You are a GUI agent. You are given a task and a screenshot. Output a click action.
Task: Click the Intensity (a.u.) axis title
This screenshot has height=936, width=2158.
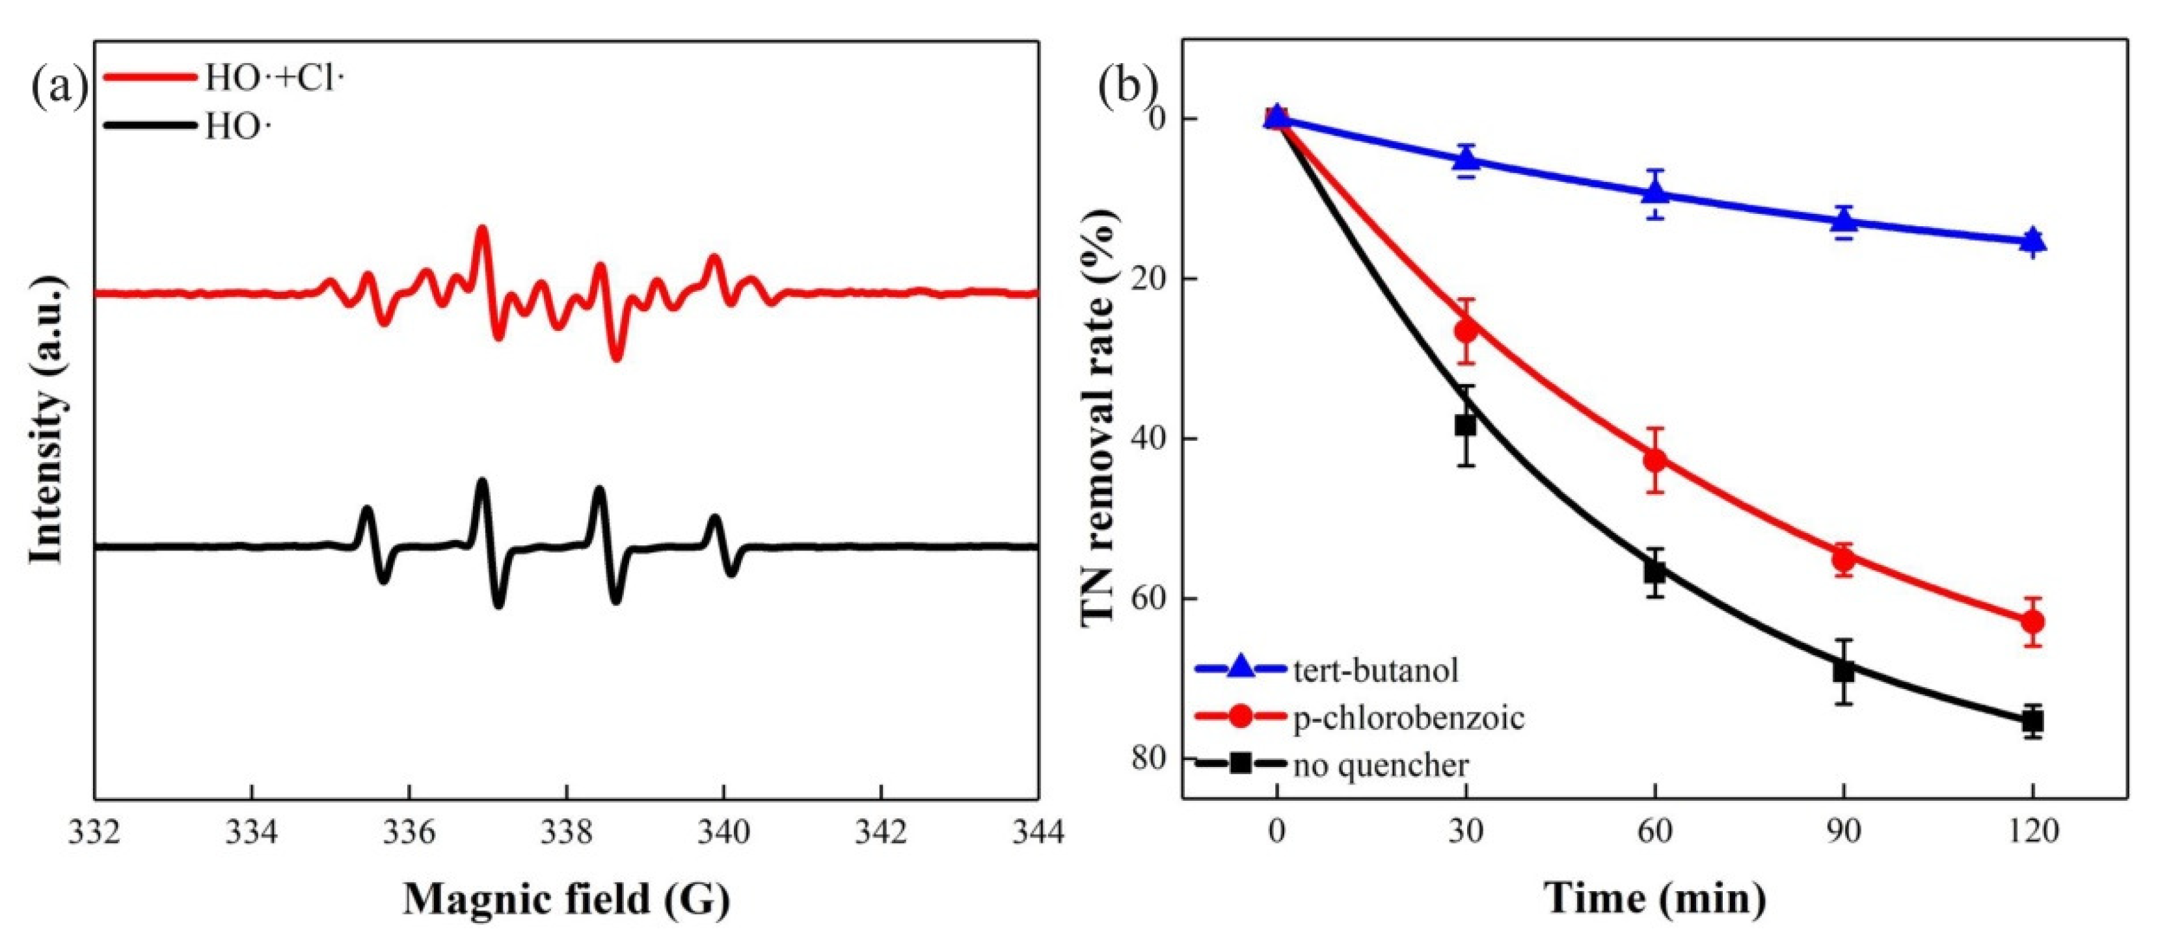coord(47,419)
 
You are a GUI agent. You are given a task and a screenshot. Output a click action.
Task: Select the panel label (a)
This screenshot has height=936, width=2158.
coord(59,87)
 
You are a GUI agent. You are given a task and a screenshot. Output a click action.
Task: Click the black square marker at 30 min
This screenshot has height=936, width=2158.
coord(1465,424)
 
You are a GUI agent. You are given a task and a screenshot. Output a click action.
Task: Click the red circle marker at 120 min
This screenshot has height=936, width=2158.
coord(2032,621)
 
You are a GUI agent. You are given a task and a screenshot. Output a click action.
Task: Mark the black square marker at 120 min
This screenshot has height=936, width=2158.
coord(2032,721)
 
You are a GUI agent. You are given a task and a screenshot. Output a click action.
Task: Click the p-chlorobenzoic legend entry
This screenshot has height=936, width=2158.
coord(1407,718)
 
